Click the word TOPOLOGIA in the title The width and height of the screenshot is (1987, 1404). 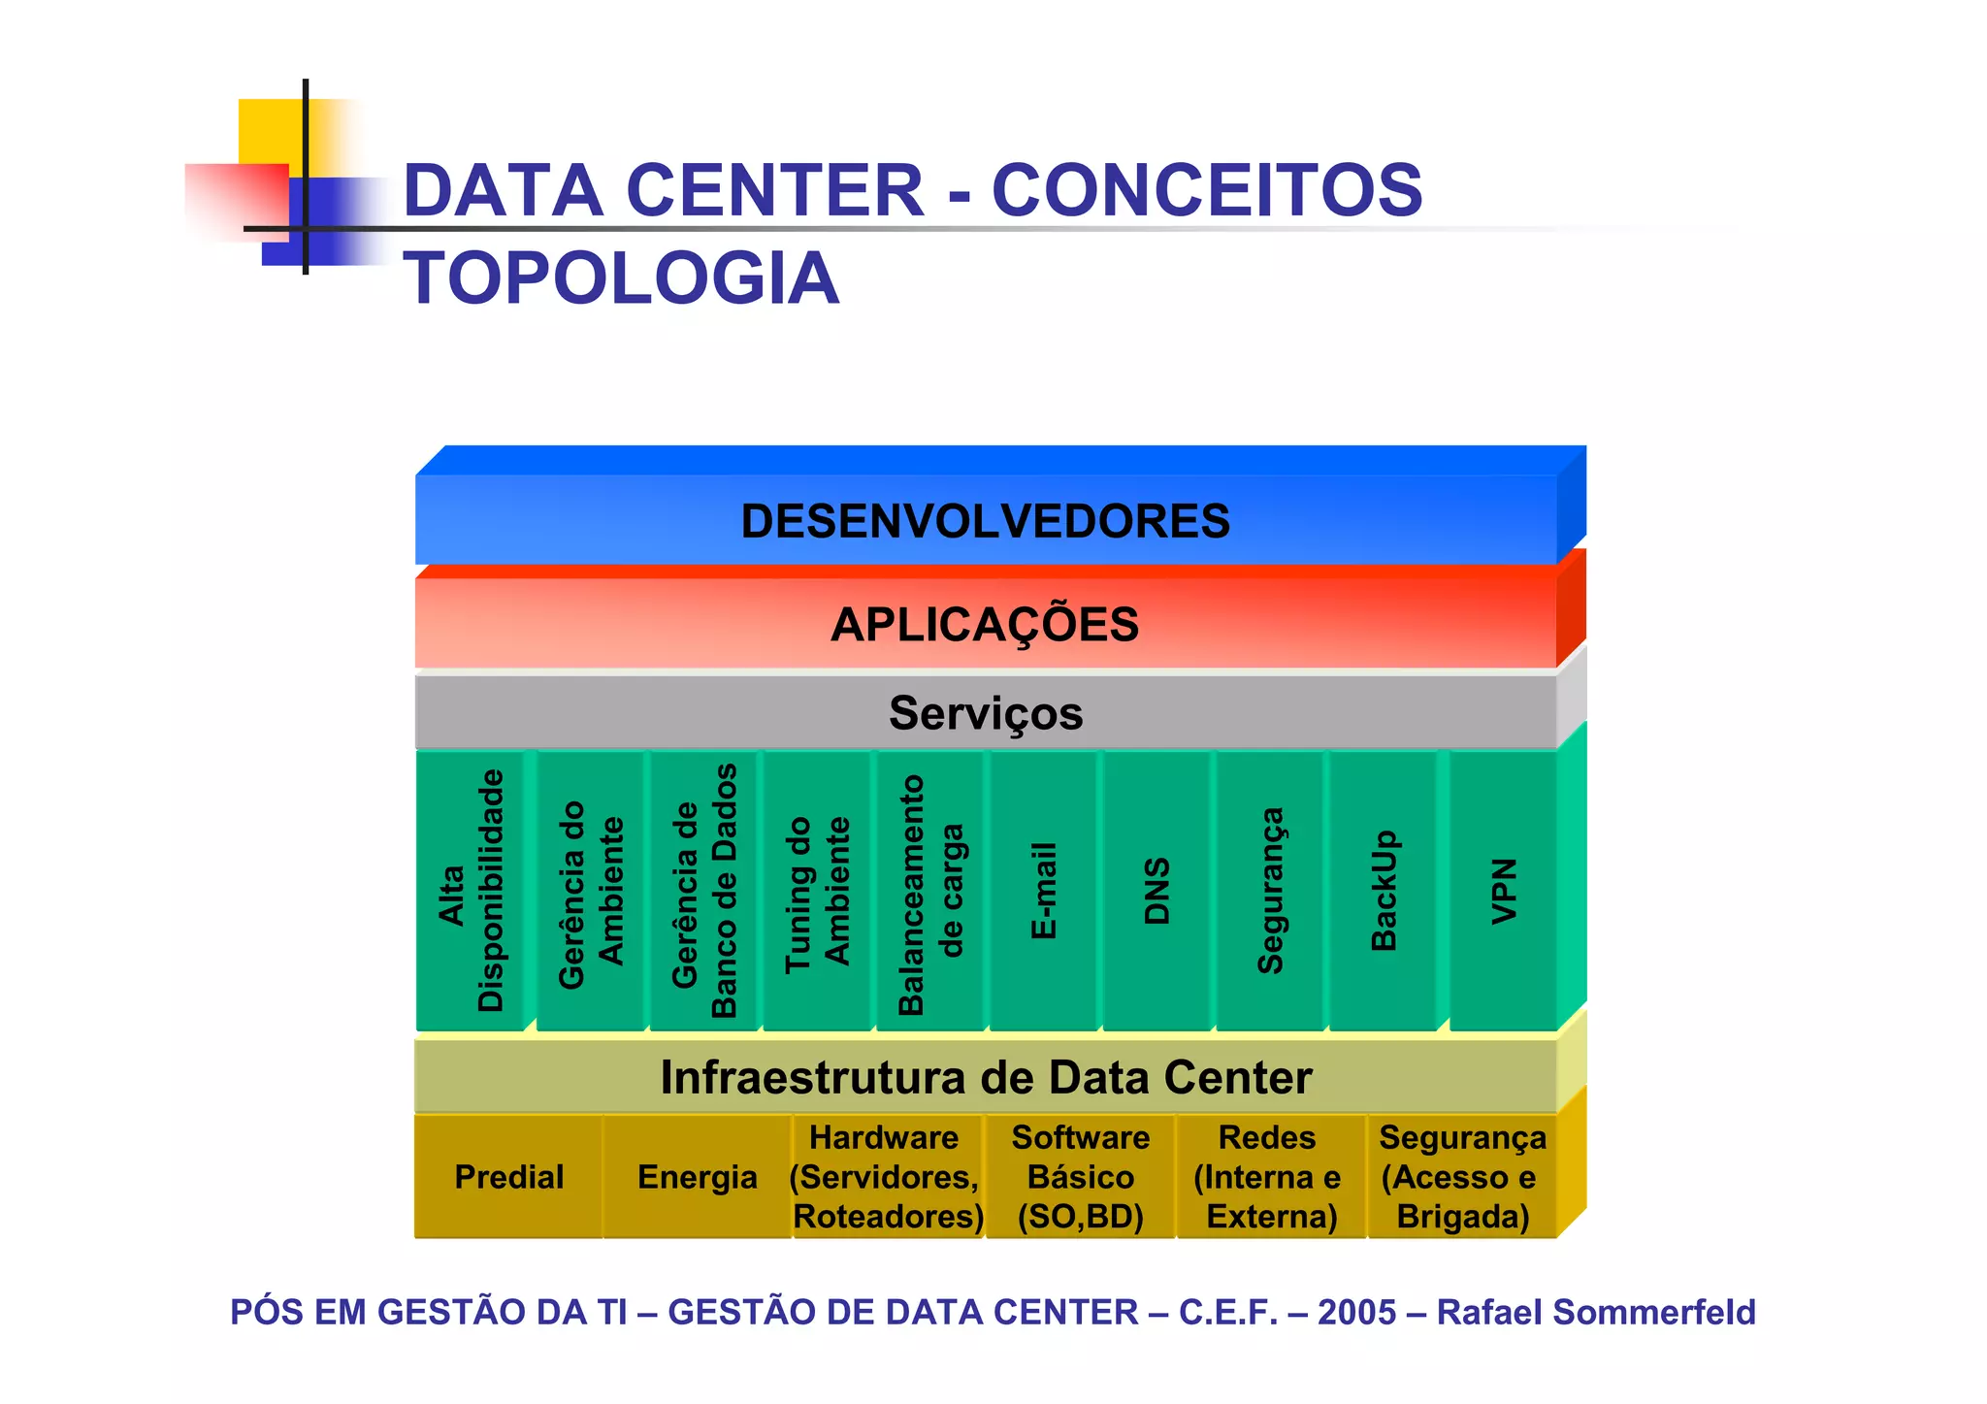point(621,278)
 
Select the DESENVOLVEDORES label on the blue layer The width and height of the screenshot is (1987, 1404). point(985,521)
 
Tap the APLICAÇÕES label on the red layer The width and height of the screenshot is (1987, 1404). point(985,624)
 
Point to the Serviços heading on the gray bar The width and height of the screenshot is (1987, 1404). point(985,713)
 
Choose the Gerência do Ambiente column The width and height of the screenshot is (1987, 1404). point(591,891)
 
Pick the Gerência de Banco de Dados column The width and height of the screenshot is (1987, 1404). point(704,891)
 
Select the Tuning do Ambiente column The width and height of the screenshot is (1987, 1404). point(817,891)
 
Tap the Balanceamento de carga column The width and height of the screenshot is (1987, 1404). point(930,891)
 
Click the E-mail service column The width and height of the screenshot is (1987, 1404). point(1044,891)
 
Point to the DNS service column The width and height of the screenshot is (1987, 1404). point(1156,891)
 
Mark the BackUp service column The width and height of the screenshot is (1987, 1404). point(1384,891)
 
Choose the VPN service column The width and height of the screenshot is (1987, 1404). point(1503,891)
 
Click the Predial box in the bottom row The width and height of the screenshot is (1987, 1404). point(508,1177)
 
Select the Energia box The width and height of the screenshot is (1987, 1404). point(697,1177)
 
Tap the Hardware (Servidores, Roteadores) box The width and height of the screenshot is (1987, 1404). point(887,1177)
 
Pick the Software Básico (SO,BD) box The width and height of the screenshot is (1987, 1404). point(1080,1177)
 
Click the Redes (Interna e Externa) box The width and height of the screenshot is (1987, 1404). point(1269,1177)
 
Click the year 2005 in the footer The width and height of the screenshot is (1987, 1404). point(1356,1312)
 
